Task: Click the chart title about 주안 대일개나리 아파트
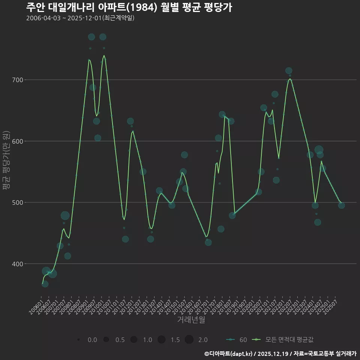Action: click(x=129, y=7)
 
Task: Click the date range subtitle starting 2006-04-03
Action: click(x=80, y=18)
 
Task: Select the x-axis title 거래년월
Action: click(x=191, y=320)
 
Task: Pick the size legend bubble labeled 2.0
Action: click(x=189, y=340)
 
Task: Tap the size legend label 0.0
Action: click(x=92, y=340)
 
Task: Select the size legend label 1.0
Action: click(x=147, y=340)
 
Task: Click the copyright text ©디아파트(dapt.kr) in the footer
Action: click(x=229, y=353)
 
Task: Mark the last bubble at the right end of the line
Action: click(x=341, y=205)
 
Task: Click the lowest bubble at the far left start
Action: click(x=45, y=284)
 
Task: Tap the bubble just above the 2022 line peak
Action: click(x=289, y=71)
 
